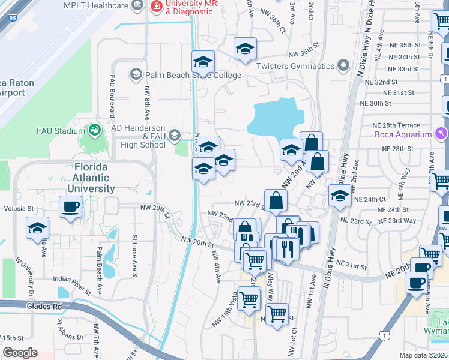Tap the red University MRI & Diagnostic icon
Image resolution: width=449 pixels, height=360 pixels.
(157, 7)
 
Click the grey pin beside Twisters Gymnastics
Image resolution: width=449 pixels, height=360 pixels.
(343, 65)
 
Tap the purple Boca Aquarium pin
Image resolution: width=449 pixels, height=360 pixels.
(442, 133)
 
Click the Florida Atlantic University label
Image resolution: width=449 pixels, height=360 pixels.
(91, 177)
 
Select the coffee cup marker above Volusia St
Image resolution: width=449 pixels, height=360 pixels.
(70, 208)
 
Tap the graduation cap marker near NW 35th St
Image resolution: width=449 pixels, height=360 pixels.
(245, 49)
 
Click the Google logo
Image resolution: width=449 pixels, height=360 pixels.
(20, 353)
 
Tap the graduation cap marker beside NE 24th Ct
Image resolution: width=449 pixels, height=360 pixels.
(340, 195)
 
